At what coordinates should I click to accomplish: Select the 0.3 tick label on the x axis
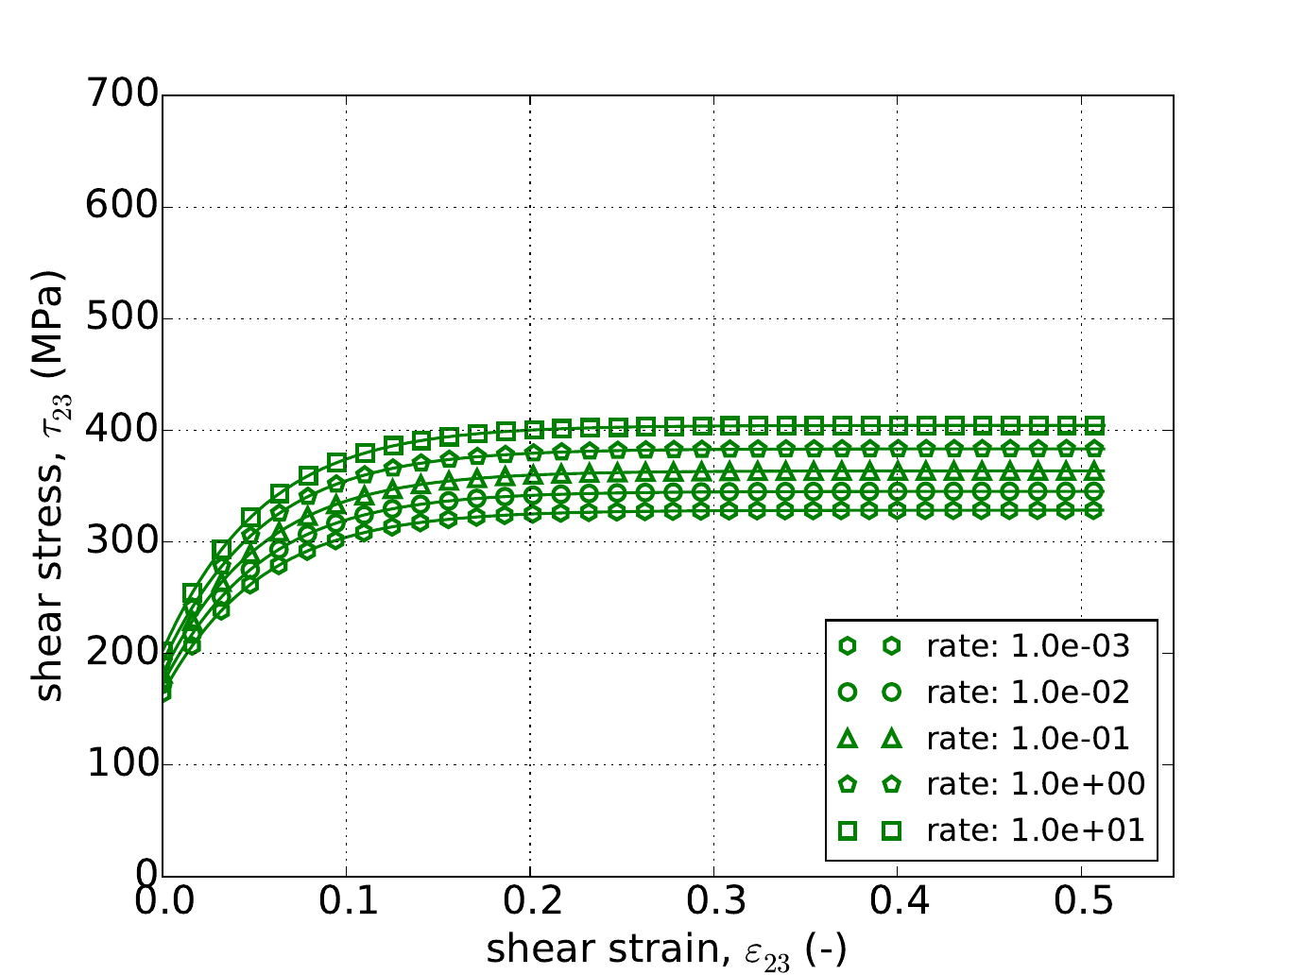tap(713, 902)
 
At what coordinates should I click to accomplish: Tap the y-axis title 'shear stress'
tap(49, 486)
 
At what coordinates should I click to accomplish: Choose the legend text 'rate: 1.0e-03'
tap(1028, 646)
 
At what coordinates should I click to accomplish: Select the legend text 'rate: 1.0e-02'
tap(1028, 693)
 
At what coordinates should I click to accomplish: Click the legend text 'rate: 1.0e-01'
tap(1028, 739)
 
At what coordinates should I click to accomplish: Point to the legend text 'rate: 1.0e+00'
tap(1036, 784)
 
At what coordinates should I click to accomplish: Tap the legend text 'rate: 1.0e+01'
tap(1036, 830)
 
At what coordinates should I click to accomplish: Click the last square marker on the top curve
tap(1094, 425)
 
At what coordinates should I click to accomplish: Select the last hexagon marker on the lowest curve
tap(1094, 510)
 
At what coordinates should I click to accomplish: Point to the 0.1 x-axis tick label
tap(346, 902)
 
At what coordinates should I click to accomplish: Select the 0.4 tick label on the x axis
tap(897, 902)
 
